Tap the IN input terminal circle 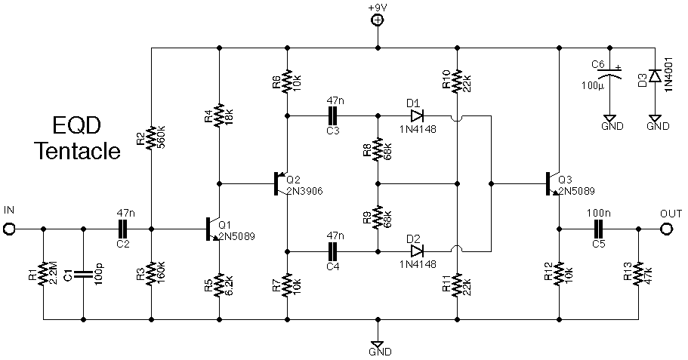(9, 227)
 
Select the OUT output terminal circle (668, 228)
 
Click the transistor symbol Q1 (212, 228)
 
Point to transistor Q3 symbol (552, 183)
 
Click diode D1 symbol (416, 116)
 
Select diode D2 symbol (416, 251)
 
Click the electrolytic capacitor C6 (609, 75)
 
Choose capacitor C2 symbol (125, 227)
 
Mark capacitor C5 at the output (599, 227)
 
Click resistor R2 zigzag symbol (151, 138)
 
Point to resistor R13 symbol (639, 275)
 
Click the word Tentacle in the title (78, 151)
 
